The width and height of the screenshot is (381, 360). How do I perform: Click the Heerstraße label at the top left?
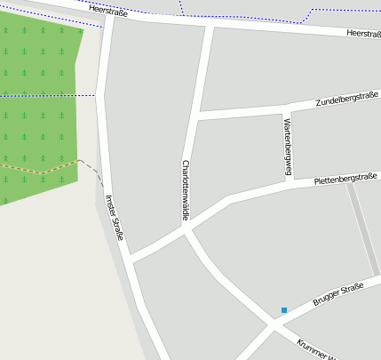[x=108, y=12]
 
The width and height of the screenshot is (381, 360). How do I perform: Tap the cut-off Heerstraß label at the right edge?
[x=362, y=35]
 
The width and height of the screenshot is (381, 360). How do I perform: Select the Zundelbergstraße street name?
[x=347, y=98]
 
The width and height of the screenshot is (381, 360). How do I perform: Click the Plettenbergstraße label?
[x=346, y=179]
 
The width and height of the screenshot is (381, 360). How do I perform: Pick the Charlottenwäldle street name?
[x=185, y=188]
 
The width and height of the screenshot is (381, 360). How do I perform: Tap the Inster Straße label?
[x=115, y=217]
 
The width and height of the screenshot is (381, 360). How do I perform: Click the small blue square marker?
[x=284, y=310]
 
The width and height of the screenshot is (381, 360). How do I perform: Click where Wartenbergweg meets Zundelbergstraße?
[x=284, y=111]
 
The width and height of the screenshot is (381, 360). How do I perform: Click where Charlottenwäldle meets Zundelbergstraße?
[x=196, y=116]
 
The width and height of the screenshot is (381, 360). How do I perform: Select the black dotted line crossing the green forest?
[x=44, y=95]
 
